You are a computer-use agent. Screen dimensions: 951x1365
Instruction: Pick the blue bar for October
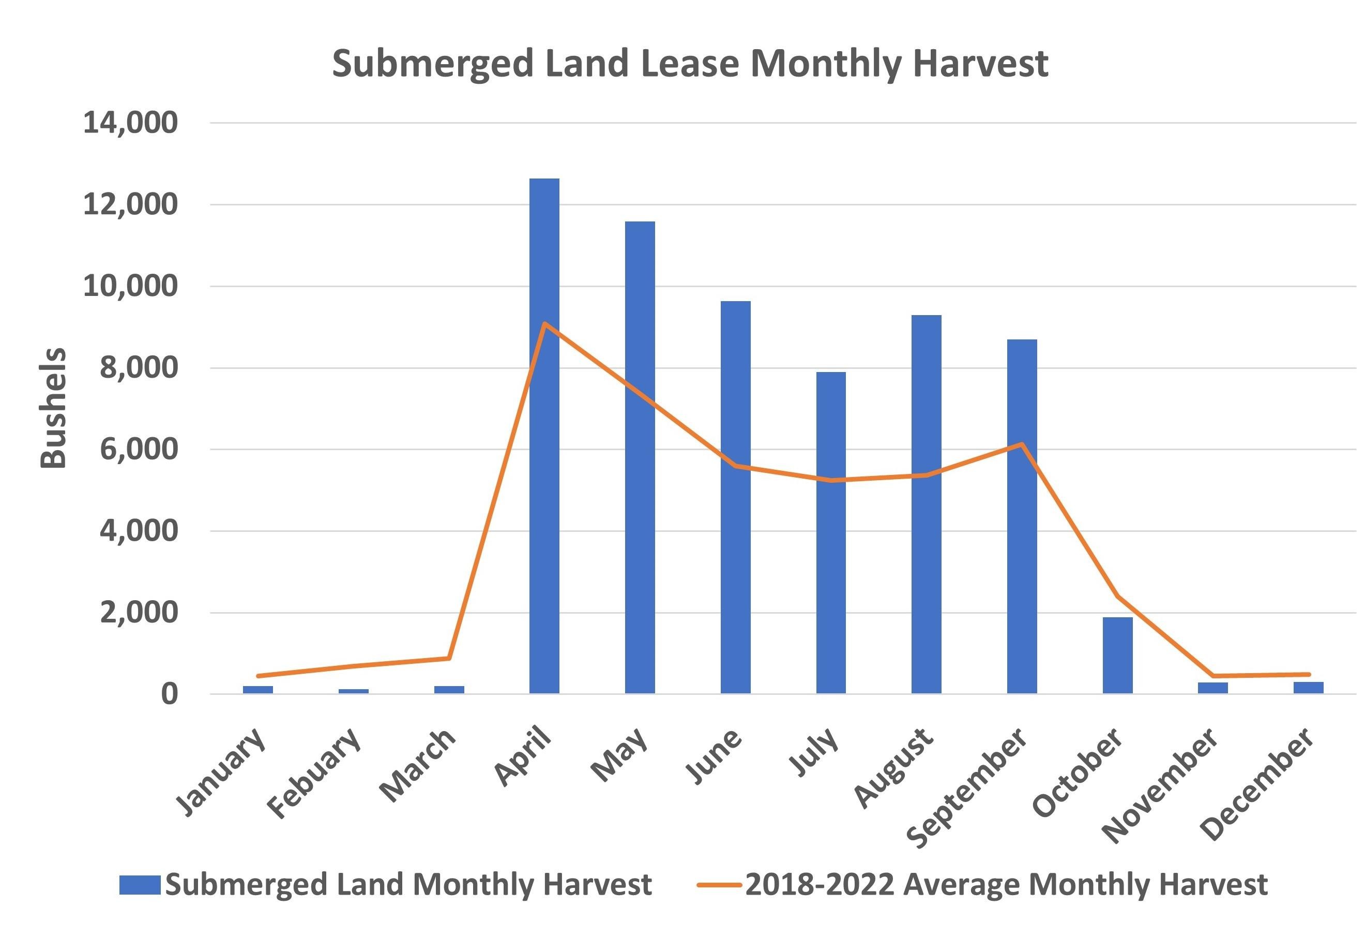1117,656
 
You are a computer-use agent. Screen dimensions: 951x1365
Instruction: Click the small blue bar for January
257,689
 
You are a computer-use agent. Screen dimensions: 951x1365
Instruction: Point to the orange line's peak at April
544,323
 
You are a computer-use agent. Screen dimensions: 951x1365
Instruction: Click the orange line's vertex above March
449,658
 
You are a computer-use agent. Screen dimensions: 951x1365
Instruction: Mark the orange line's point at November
1213,676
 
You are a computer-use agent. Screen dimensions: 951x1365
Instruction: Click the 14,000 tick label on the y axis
130,123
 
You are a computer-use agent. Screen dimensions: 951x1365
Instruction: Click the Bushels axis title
52,409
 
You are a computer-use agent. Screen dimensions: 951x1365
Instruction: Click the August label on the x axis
893,768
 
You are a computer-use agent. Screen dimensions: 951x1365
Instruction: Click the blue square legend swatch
140,884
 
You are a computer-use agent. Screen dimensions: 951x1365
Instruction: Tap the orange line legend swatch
719,885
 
